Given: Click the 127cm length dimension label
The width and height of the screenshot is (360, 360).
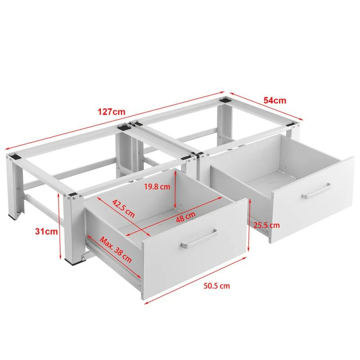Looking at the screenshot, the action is coord(112,112).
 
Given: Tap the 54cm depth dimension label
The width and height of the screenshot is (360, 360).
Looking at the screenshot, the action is coord(275,100).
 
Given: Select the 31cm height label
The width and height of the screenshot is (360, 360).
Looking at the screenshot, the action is coord(46,231).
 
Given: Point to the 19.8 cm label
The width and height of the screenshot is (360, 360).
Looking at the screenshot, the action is coord(157,187).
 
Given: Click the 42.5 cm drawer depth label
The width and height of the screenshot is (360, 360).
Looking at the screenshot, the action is coord(123,208).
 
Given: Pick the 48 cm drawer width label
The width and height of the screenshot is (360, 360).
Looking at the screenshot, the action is coord(186,217).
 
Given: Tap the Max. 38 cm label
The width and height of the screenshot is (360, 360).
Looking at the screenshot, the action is coord(116,250).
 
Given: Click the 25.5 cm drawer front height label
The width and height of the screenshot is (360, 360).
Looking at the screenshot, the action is coord(266,225).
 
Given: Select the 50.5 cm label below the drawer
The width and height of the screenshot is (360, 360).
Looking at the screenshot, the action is coord(217,286).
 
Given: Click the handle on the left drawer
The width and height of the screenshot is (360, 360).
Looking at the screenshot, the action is coord(199,238).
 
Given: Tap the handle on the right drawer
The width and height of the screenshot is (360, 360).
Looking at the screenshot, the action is coord(316,191).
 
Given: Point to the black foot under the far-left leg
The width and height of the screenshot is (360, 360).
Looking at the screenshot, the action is coord(13,216).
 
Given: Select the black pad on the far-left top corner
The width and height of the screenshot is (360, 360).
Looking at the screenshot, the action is coord(15,157).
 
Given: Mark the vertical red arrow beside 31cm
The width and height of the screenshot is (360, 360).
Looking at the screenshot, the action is coord(60,226).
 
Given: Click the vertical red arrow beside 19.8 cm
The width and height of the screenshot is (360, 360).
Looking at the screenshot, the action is coord(175,190).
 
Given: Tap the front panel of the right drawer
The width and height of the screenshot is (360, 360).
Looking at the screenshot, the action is coord(312,200).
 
